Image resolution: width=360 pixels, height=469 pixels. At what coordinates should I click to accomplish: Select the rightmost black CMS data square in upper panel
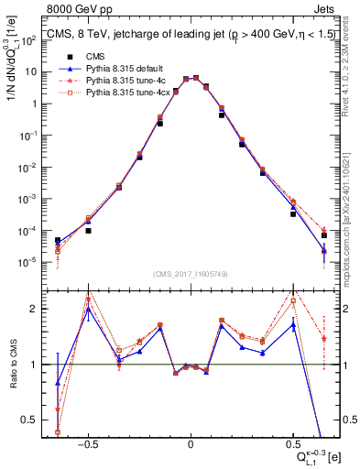coord(324,235)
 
